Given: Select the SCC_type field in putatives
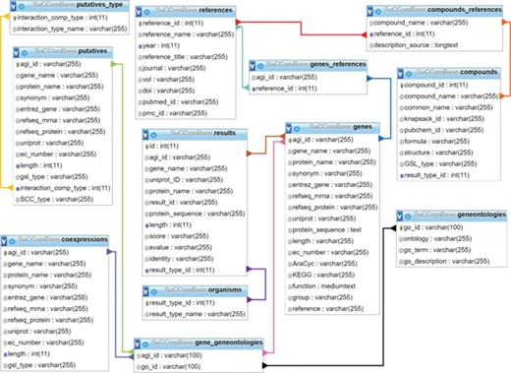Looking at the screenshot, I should [x=50, y=199].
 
